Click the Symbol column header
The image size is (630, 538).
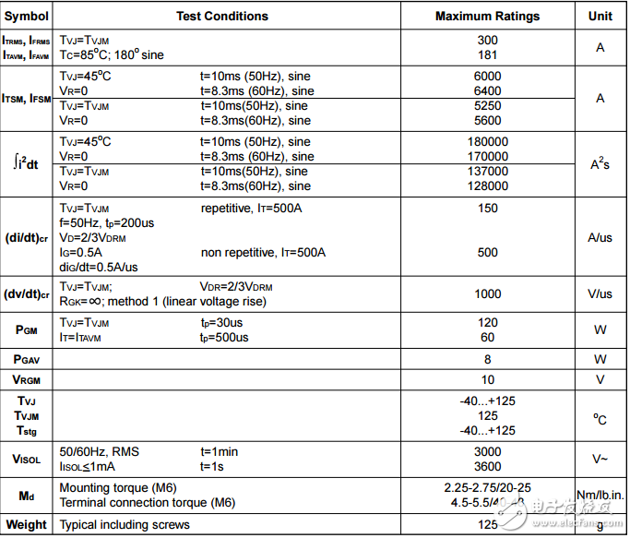[27, 16]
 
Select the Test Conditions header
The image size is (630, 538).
[222, 16]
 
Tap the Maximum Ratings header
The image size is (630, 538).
[487, 16]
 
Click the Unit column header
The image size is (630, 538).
[600, 16]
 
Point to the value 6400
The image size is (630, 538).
[488, 91]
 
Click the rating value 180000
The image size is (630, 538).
[488, 142]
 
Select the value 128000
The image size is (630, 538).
[488, 186]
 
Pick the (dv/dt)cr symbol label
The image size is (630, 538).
[27, 294]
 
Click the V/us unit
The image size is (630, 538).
[600, 294]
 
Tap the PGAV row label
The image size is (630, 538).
[27, 359]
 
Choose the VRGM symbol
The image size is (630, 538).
[27, 380]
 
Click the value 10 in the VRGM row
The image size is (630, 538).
[488, 380]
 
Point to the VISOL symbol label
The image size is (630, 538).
[27, 460]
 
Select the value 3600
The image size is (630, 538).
[488, 467]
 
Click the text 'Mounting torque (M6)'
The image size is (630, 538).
[118, 488]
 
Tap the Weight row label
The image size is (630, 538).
[26, 525]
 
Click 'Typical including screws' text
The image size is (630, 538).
[125, 525]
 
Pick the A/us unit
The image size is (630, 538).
[600, 237]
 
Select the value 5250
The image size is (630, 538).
[488, 106]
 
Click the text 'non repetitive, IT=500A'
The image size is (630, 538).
[264, 253]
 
